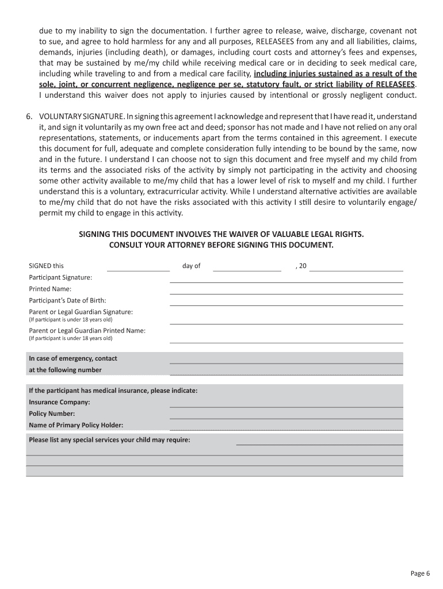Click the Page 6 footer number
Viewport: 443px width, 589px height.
(420, 573)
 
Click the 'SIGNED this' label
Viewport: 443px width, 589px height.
(47, 266)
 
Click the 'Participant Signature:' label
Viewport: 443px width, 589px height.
(60, 277)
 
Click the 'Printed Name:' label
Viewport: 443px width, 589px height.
(50, 289)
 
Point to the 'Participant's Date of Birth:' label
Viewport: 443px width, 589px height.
(67, 300)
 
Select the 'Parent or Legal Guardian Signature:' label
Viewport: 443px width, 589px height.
(81, 312)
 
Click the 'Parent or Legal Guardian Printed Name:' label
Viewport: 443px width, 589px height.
(87, 331)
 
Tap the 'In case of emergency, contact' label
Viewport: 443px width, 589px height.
(73, 358)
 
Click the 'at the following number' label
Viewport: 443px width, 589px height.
(65, 370)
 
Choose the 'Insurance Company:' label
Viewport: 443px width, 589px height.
(59, 402)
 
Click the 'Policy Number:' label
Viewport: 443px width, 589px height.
(52, 414)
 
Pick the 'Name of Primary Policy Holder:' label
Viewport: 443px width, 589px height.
(76, 425)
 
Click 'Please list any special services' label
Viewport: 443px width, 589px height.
(109, 440)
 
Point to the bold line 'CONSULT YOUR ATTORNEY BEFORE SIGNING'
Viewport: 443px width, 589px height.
(221, 245)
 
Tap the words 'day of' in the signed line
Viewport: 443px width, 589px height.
(191, 266)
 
